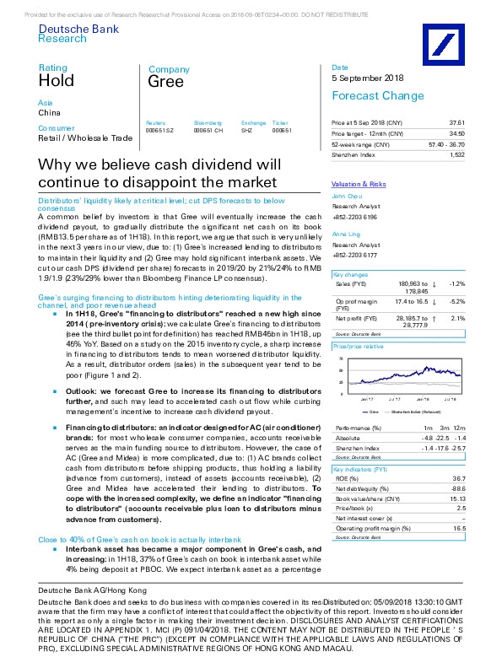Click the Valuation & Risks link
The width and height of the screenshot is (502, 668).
[359, 184]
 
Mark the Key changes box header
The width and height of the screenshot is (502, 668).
[350, 275]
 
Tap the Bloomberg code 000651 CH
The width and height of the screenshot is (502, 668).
[207, 131]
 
